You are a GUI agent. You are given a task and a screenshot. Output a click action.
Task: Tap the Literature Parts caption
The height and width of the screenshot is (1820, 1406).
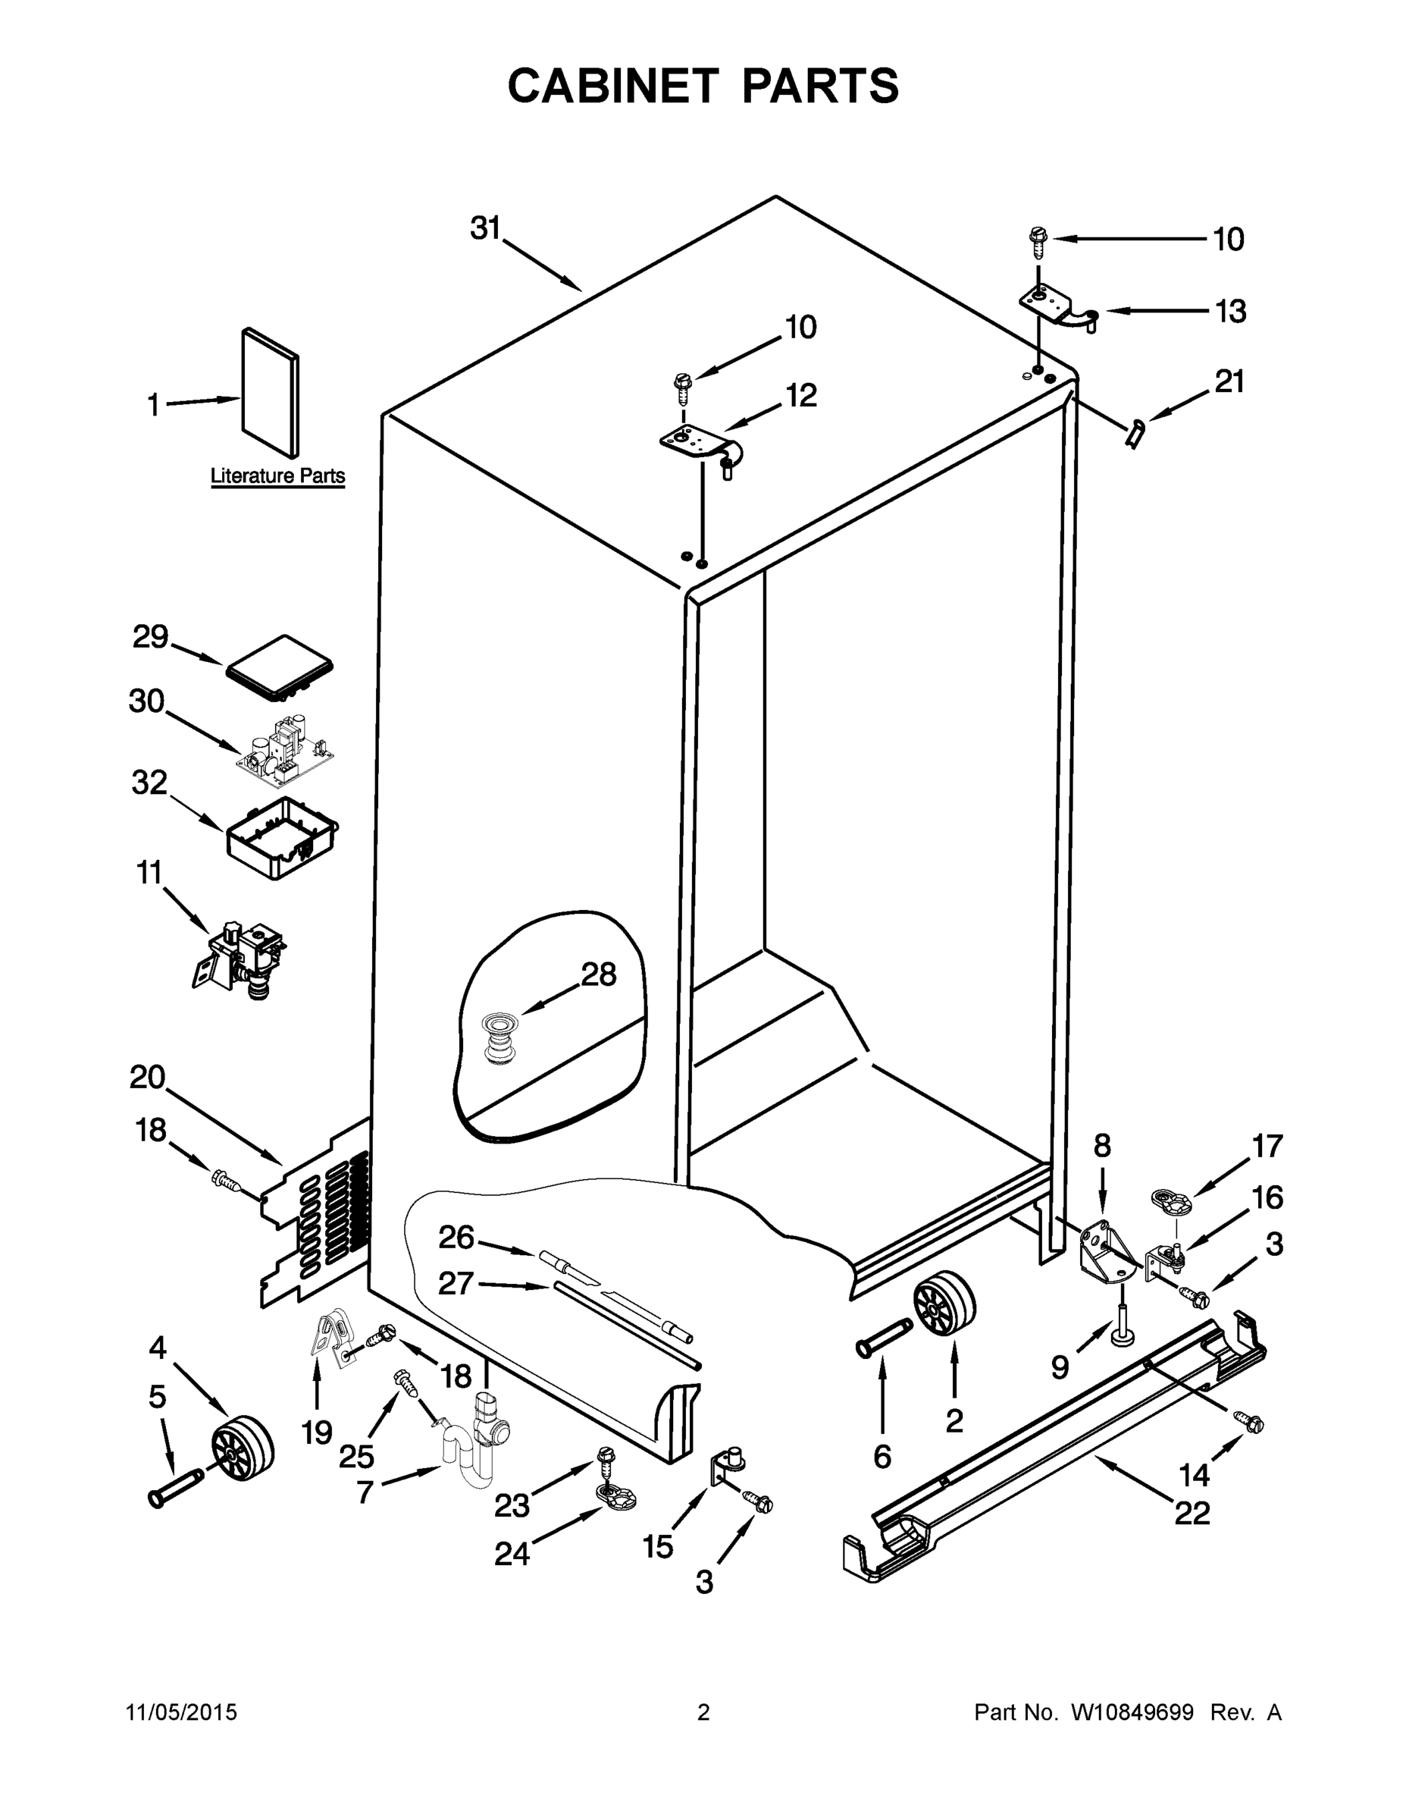pos(277,475)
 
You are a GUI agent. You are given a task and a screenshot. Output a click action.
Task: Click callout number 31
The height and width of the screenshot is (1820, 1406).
pos(486,227)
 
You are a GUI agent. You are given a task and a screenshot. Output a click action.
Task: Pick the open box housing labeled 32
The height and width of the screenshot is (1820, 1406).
pos(281,838)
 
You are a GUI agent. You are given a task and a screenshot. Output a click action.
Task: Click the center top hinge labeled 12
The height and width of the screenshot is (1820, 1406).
pos(702,446)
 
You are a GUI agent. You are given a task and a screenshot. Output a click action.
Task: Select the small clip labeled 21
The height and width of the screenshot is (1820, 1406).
pos(1135,435)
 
